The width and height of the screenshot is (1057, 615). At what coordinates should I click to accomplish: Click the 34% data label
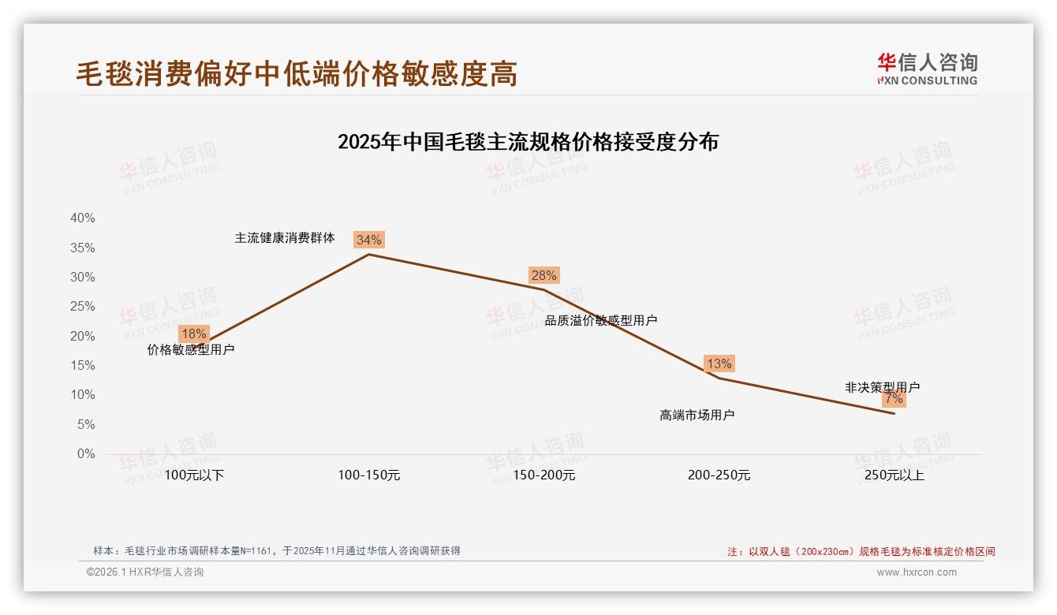368,240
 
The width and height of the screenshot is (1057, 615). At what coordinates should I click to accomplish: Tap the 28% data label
543,275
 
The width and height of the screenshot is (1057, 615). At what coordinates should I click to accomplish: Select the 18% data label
193,334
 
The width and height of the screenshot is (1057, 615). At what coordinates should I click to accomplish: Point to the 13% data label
719,363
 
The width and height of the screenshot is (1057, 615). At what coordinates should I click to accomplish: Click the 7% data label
894,399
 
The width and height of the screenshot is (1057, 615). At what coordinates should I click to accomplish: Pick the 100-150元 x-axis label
369,475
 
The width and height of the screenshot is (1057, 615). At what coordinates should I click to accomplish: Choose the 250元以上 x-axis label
894,475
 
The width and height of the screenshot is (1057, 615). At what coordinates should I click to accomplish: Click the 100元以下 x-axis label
194,475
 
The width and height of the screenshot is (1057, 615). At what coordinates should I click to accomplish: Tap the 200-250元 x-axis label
719,475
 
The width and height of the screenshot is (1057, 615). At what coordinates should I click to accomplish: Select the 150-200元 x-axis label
543,475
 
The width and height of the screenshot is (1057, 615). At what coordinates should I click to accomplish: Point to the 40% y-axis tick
82,218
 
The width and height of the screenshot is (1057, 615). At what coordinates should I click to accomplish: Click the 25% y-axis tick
82,307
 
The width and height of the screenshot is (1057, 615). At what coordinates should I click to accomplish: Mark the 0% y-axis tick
85,454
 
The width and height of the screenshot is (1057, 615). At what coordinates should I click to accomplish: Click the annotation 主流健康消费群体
285,237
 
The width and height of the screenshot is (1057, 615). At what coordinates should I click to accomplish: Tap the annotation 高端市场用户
697,415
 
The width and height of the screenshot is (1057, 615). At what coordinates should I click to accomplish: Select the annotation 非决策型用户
882,387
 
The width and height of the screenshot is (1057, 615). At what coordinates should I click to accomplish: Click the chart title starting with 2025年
528,142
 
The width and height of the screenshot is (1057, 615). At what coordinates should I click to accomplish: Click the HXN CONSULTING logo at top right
927,69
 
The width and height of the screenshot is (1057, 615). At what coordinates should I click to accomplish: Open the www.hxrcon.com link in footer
917,572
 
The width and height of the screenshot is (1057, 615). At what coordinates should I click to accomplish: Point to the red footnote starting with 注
861,552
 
